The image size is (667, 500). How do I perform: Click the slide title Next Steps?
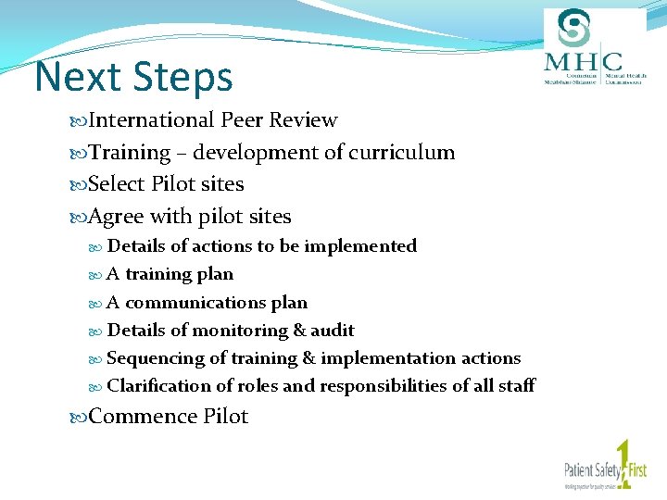[x=133, y=78]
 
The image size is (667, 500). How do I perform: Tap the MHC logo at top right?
[x=593, y=48]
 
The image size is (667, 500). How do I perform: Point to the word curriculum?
[x=400, y=153]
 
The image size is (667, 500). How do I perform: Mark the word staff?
[x=516, y=386]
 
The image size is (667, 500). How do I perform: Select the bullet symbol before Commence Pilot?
[x=79, y=418]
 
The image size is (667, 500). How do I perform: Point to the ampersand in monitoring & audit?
[x=299, y=331]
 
